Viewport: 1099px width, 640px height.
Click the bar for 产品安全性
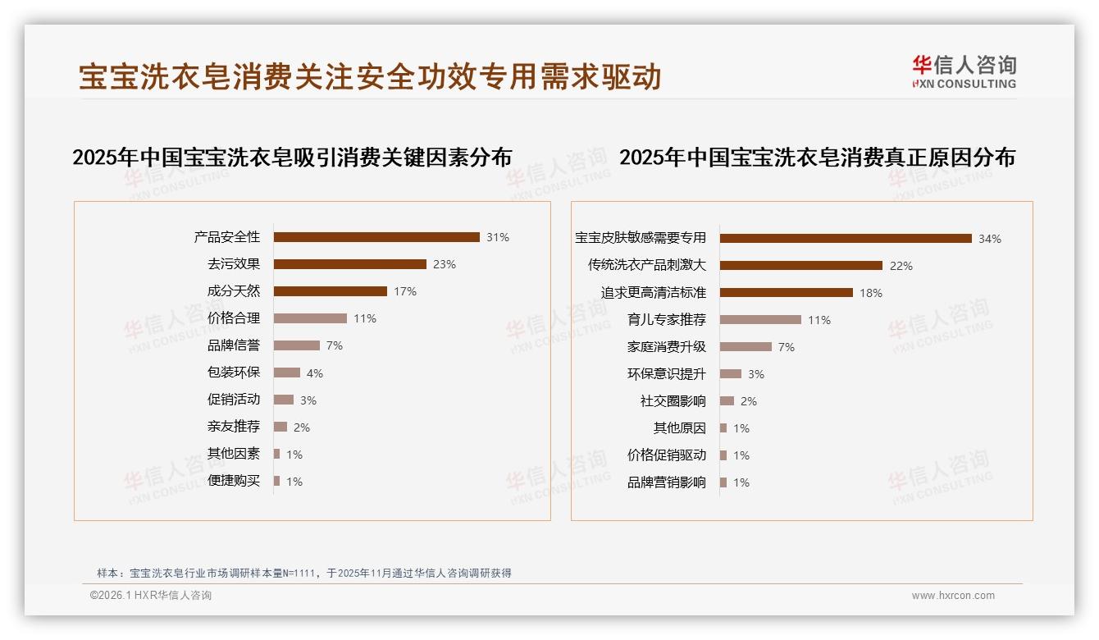point(376,237)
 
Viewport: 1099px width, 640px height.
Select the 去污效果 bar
point(350,264)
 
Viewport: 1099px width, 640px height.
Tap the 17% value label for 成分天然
point(405,291)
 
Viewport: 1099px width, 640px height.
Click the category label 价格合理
point(234,318)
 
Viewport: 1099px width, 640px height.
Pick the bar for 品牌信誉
point(297,345)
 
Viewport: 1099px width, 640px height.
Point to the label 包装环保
point(234,373)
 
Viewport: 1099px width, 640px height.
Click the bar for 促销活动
point(284,400)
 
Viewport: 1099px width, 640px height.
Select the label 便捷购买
point(234,481)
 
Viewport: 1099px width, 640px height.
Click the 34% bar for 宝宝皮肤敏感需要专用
point(846,238)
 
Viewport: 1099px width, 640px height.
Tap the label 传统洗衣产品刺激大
point(647,265)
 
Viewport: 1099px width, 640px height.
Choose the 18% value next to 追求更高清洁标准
point(871,293)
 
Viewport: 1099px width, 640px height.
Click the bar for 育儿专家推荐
point(760,320)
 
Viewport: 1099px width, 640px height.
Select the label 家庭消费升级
point(667,347)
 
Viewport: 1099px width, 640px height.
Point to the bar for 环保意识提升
point(731,374)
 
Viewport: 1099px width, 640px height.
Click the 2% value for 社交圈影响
point(749,401)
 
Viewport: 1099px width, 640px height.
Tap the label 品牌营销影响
point(667,482)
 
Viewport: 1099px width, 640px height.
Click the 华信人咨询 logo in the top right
point(964,71)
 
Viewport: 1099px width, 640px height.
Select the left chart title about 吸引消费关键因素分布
point(292,157)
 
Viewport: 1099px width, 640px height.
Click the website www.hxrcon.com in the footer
point(953,596)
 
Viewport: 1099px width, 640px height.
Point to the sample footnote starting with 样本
point(304,573)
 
